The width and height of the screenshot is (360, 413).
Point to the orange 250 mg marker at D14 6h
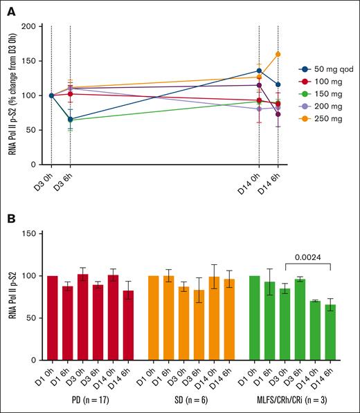[278, 54]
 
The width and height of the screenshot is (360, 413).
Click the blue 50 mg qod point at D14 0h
[259, 71]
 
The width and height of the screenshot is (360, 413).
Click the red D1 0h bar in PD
[51, 318]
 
